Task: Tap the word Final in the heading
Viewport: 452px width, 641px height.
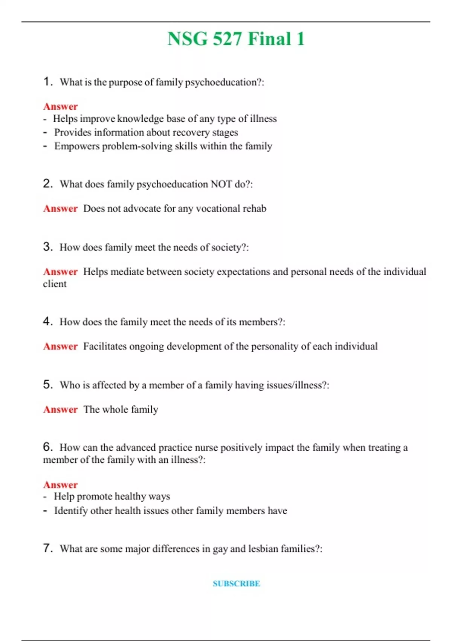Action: point(270,39)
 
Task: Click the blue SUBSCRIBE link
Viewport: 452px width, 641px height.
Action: point(236,584)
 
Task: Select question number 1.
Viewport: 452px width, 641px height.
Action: point(48,81)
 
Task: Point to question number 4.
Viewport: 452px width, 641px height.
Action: point(48,321)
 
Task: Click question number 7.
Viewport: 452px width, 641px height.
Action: point(48,548)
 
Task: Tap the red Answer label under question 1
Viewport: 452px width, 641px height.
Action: point(60,106)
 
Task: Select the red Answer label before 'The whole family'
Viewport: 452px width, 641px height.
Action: point(60,409)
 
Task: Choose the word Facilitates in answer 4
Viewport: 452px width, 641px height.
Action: point(105,347)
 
